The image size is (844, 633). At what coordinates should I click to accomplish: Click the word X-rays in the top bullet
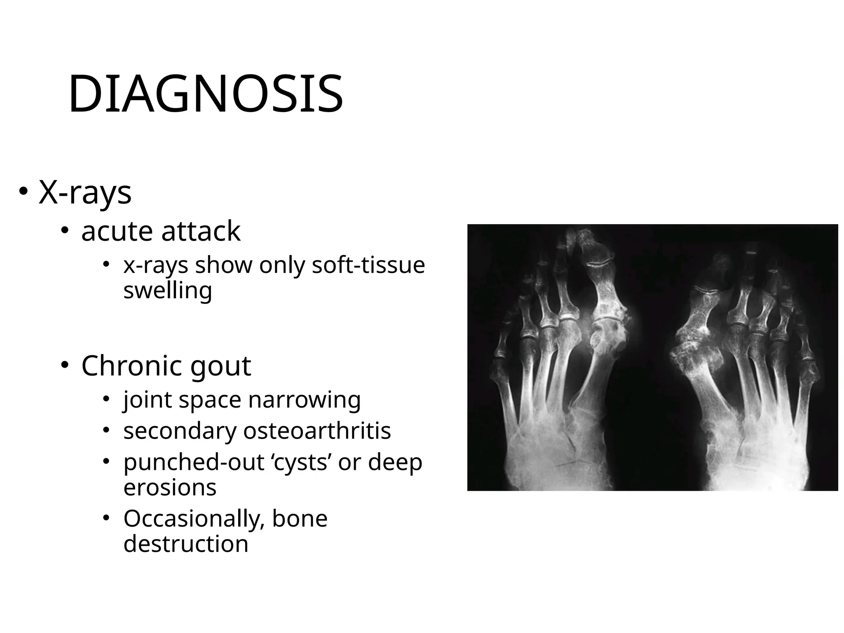85,192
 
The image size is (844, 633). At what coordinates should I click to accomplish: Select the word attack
201,231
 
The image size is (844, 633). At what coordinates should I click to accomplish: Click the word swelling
168,291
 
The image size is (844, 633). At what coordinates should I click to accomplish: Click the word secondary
180,431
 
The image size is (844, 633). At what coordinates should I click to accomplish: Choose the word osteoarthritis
316,431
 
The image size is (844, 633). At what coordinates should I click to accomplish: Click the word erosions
170,488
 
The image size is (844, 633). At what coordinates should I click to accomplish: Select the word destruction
186,544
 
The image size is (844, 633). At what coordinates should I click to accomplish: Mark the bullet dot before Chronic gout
65,365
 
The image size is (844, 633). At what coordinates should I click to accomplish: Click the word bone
300,518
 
